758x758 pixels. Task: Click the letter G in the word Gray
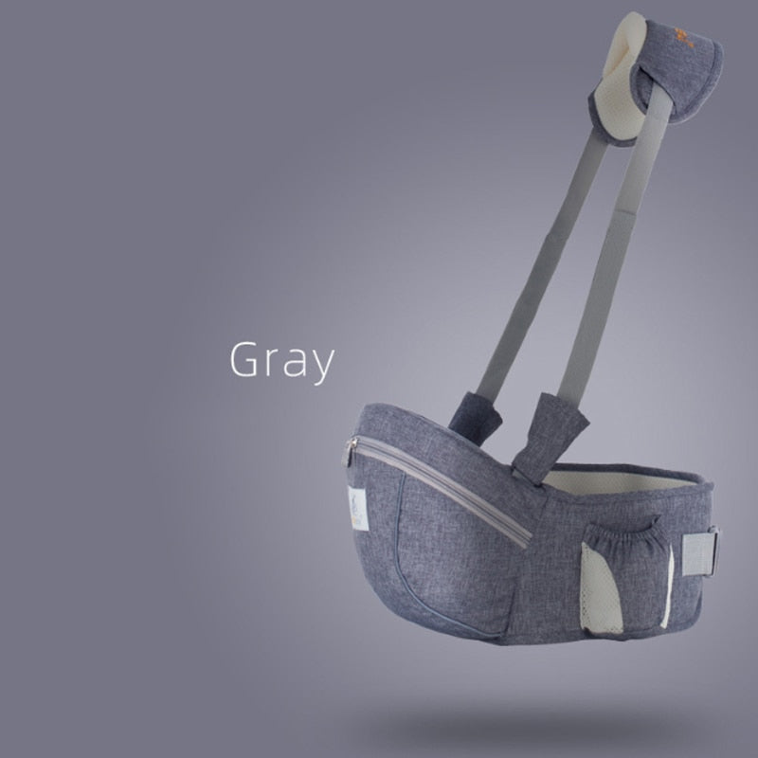[x=244, y=359]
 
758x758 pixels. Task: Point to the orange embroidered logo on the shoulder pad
[x=683, y=38]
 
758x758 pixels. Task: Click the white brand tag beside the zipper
[x=358, y=508]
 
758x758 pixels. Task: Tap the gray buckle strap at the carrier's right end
[x=700, y=551]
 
